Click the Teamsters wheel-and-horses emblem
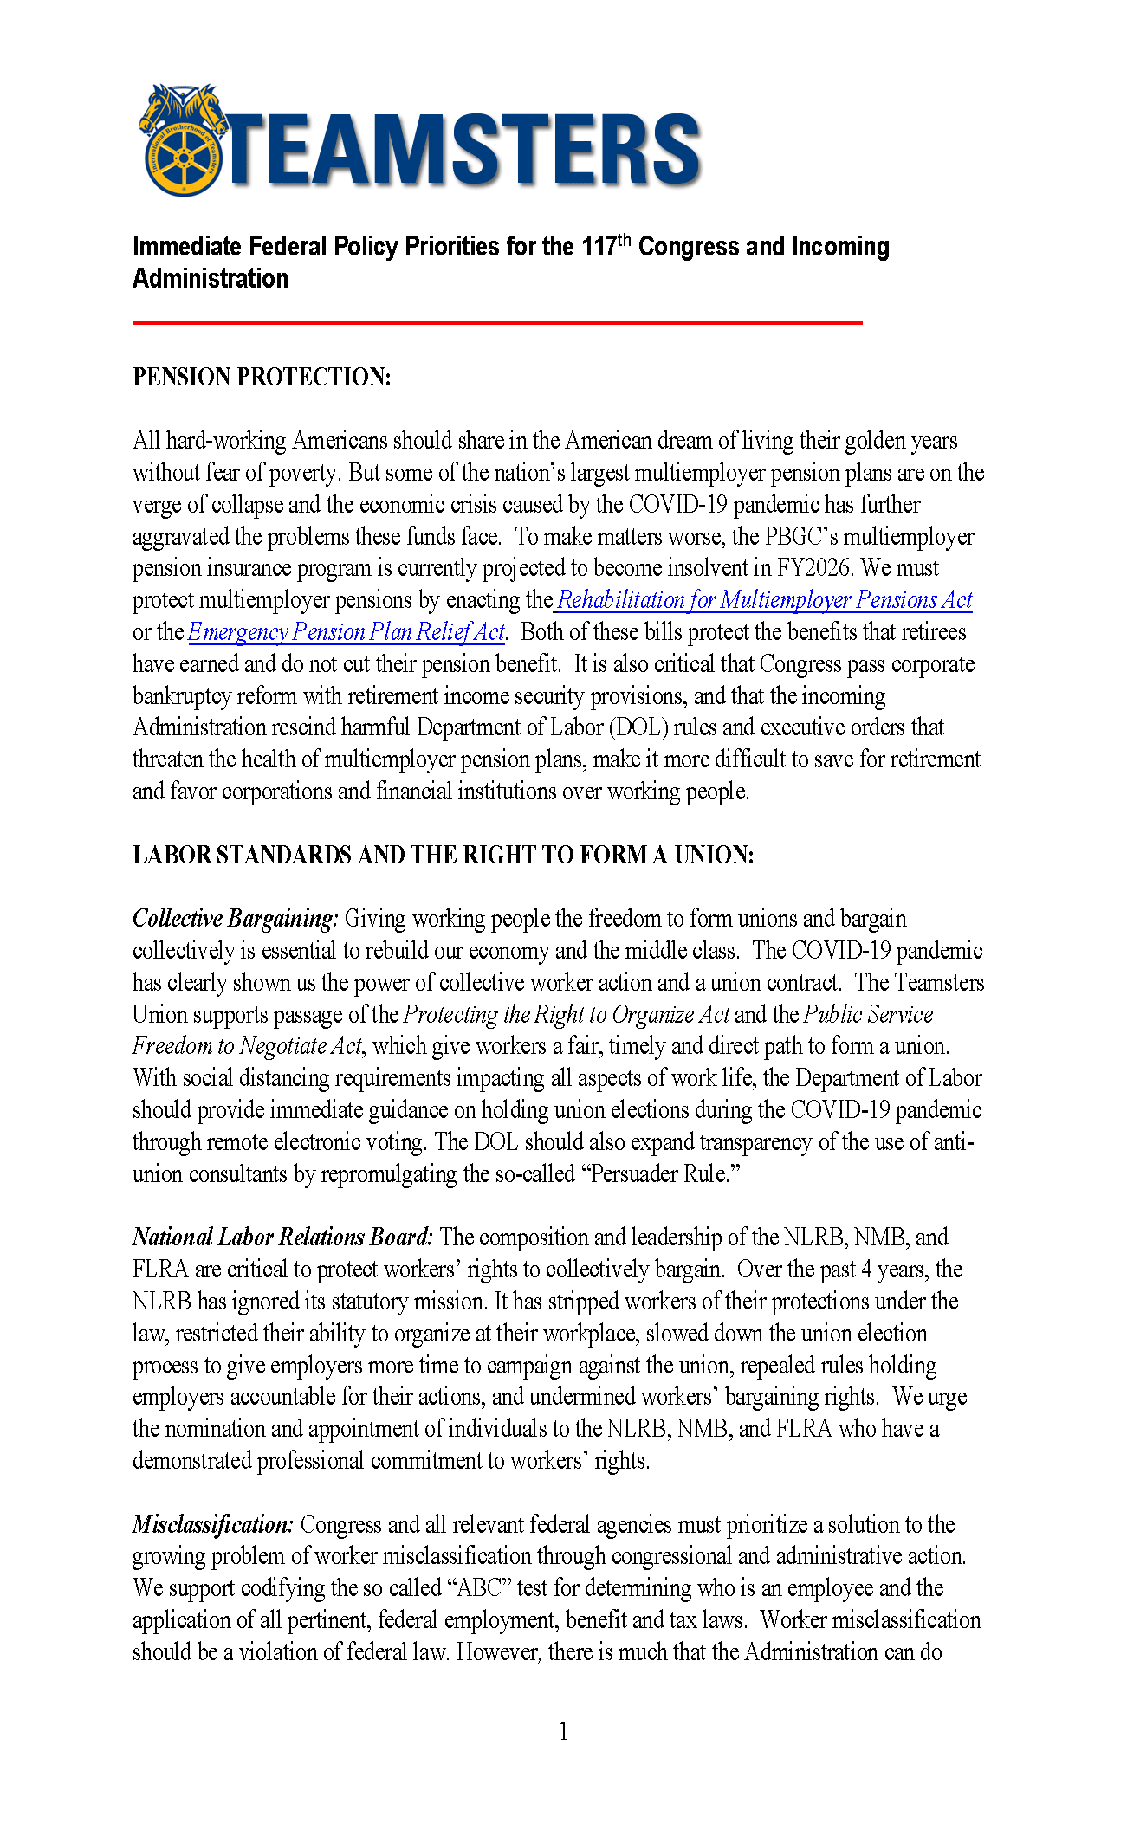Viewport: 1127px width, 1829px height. click(x=183, y=141)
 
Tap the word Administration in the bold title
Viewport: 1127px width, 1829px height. click(x=211, y=279)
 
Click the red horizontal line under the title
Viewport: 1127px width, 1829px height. click(x=497, y=322)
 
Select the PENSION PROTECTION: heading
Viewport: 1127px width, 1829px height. click(x=262, y=377)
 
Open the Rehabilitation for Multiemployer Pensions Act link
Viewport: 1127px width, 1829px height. click(x=764, y=600)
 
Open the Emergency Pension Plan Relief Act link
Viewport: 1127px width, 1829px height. click(x=346, y=632)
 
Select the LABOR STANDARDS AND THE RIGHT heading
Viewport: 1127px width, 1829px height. click(x=443, y=856)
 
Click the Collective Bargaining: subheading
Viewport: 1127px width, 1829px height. click(x=235, y=919)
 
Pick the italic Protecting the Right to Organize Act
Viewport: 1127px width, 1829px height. click(x=567, y=1014)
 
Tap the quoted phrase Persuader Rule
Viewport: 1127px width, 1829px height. click(x=664, y=1174)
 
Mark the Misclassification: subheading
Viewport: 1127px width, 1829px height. click(x=213, y=1525)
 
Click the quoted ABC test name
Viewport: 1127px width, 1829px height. click(x=475, y=1588)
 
